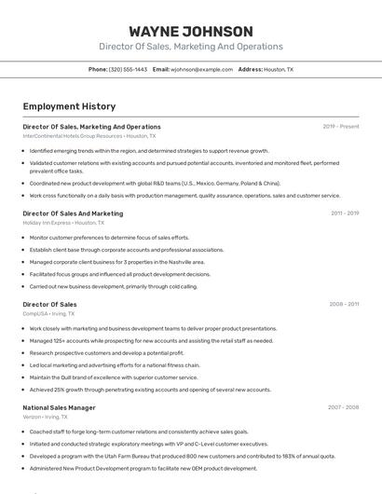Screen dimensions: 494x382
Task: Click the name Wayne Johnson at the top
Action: (x=191, y=32)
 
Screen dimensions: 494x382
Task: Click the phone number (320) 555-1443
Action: (x=128, y=69)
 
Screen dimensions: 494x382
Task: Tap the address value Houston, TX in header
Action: (x=279, y=69)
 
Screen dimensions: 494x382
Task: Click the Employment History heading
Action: (x=69, y=107)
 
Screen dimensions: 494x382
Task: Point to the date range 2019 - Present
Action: (x=340, y=127)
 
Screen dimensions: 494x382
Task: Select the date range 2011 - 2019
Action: (x=344, y=213)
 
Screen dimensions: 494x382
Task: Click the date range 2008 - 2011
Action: (x=344, y=305)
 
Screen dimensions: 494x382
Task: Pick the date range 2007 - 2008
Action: (x=343, y=408)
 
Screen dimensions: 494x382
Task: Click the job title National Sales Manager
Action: (x=59, y=408)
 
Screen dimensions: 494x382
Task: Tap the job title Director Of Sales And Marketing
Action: (x=73, y=213)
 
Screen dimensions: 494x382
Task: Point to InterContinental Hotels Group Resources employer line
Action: (x=89, y=136)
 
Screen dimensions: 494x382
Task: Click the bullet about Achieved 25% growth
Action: (x=150, y=390)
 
